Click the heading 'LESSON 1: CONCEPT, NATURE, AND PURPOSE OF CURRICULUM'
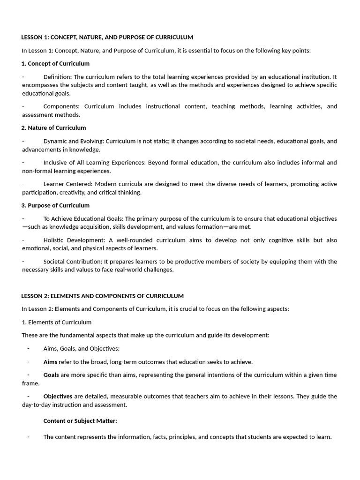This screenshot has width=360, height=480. [x=107, y=37]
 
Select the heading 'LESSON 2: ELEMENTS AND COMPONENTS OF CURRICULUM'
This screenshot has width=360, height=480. [x=103, y=296]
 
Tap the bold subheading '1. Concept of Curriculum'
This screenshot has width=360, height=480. [x=55, y=63]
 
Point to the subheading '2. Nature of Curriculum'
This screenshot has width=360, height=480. [x=53, y=127]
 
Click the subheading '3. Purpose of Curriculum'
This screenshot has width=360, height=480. [x=55, y=205]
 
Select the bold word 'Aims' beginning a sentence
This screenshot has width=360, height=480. [x=50, y=362]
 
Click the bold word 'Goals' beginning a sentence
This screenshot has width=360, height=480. [x=51, y=375]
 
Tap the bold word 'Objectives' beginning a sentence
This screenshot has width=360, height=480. [x=58, y=397]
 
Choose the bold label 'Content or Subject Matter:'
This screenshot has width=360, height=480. [x=80, y=421]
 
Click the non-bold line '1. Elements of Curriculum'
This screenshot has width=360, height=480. [x=57, y=322]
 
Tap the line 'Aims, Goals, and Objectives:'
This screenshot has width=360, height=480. [x=82, y=348]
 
